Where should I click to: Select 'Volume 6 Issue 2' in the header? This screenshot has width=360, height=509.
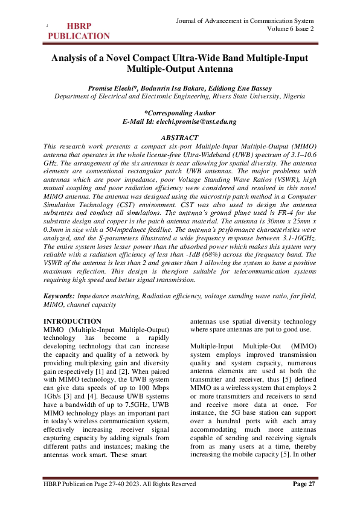pos(289,29)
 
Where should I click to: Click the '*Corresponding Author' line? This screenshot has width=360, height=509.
pos(179,113)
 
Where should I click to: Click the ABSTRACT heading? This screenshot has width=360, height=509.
pos(179,138)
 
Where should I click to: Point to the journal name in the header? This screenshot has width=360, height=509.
pos(245,21)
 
